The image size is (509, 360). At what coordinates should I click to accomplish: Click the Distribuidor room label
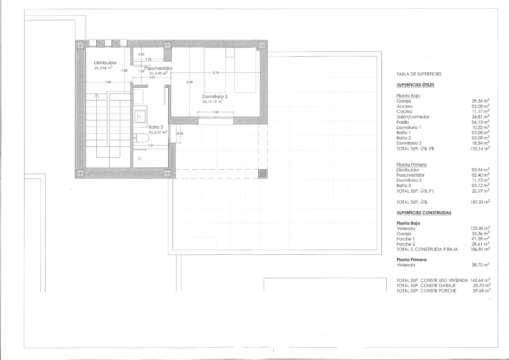pyautogui.click(x=105, y=63)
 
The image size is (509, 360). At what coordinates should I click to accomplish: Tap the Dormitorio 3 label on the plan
pyautogui.click(x=215, y=96)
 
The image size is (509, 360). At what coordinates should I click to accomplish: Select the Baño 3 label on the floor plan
pyautogui.click(x=156, y=127)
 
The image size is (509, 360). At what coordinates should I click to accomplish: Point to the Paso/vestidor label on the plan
pyautogui.click(x=158, y=68)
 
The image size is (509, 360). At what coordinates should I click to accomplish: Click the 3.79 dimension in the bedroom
pyautogui.click(x=215, y=73)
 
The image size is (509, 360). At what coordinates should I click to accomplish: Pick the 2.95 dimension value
pyautogui.click(x=190, y=82)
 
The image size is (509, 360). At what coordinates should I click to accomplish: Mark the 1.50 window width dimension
pyautogui.click(x=216, y=112)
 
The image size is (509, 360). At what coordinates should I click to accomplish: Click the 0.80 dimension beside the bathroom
pyautogui.click(x=180, y=133)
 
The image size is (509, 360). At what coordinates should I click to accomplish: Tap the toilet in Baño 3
pyautogui.click(x=141, y=138)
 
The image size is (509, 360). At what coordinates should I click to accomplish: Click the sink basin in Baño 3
pyautogui.click(x=140, y=116)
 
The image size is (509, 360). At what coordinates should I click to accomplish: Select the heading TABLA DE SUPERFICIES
pyautogui.click(x=419, y=74)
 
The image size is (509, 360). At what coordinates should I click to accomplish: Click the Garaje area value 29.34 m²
pyautogui.click(x=481, y=101)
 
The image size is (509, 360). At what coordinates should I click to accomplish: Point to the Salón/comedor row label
pyautogui.click(x=413, y=117)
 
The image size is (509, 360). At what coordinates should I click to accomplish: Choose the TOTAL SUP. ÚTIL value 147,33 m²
pyautogui.click(x=480, y=202)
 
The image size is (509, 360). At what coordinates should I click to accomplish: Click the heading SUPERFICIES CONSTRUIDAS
pyautogui.click(x=424, y=213)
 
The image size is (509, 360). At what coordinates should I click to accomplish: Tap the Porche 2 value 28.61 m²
pyautogui.click(x=481, y=244)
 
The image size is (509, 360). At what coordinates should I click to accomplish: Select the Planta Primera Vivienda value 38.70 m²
pyautogui.click(x=481, y=265)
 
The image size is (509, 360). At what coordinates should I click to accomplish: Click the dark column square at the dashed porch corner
pyautogui.click(x=263, y=174)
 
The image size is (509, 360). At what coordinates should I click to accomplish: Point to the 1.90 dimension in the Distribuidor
pyautogui.click(x=108, y=82)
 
